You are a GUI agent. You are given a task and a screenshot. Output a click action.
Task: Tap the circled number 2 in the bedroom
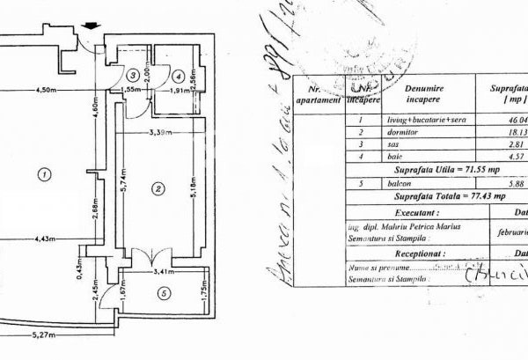[x=158, y=187]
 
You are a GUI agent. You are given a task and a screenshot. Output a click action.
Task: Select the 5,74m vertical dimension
[x=123, y=187]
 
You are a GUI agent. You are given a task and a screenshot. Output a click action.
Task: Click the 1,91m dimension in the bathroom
[x=180, y=90]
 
